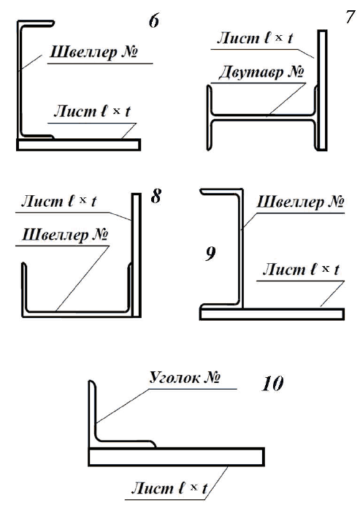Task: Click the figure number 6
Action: (154, 21)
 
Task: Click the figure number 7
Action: (351, 17)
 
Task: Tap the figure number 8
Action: (156, 197)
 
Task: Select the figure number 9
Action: (210, 254)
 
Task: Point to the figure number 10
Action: (272, 384)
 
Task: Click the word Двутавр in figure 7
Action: (251, 72)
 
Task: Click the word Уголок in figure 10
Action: (175, 377)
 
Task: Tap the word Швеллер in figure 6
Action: (83, 53)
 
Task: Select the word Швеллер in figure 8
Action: (55, 235)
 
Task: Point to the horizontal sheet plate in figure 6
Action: (79, 145)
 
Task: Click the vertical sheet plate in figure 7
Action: (322, 91)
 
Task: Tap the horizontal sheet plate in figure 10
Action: (176, 457)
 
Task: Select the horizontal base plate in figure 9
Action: (272, 314)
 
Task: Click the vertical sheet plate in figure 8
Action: (137, 255)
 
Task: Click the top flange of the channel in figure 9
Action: (221, 191)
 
